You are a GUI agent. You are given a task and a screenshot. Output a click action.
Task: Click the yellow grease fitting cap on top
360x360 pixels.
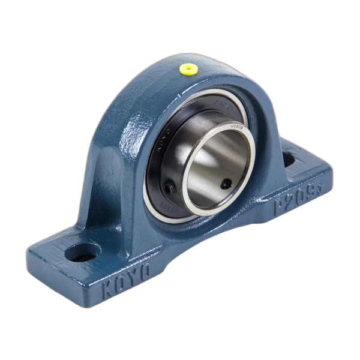pyautogui.click(x=190, y=70)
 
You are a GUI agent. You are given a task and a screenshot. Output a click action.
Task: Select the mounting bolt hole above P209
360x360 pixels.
pyautogui.click(x=289, y=159)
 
